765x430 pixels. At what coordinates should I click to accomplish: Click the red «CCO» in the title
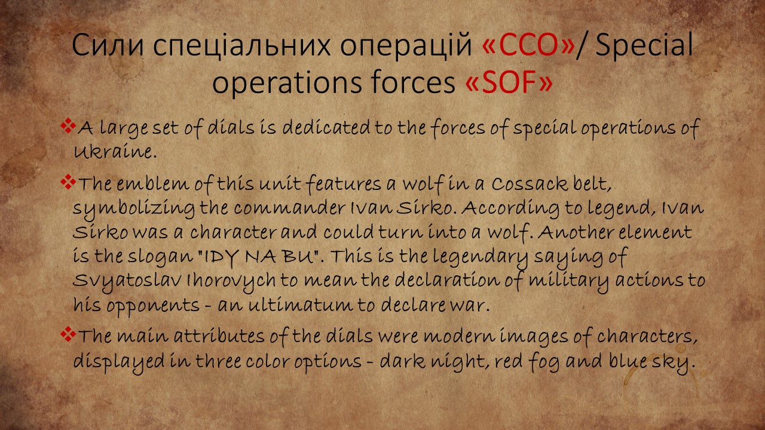[x=529, y=45]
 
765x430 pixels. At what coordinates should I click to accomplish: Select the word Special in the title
[x=644, y=45]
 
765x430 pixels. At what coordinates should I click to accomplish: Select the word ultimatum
[x=300, y=305]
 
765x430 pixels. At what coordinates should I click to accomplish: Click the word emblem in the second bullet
[x=152, y=184]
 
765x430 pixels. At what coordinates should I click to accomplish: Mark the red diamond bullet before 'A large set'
[x=68, y=125]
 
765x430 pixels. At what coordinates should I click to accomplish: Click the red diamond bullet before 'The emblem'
[x=68, y=182]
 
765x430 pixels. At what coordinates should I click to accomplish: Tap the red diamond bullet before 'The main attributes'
[x=68, y=334]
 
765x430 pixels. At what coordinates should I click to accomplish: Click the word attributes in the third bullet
[x=219, y=336]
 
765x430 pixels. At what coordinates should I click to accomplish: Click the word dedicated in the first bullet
[x=326, y=127]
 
